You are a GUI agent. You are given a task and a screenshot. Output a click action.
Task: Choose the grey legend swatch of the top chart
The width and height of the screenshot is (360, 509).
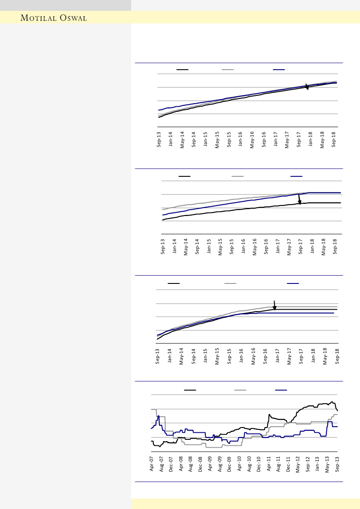point(228,69)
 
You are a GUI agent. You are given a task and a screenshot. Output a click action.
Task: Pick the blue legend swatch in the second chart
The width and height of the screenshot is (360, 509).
point(296,176)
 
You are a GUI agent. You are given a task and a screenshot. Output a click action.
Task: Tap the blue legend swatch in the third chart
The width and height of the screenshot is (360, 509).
point(293,283)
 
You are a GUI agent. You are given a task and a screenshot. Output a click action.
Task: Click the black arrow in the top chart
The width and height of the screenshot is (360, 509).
point(307,87)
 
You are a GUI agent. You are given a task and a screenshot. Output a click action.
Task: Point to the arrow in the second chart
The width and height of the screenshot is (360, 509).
point(299,199)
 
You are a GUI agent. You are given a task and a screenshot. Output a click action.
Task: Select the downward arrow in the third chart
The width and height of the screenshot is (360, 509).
point(275,306)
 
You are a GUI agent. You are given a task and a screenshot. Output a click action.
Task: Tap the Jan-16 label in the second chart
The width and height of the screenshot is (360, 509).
point(244,247)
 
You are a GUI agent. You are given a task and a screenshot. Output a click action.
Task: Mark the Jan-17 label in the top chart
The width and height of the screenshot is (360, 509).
point(276,140)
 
